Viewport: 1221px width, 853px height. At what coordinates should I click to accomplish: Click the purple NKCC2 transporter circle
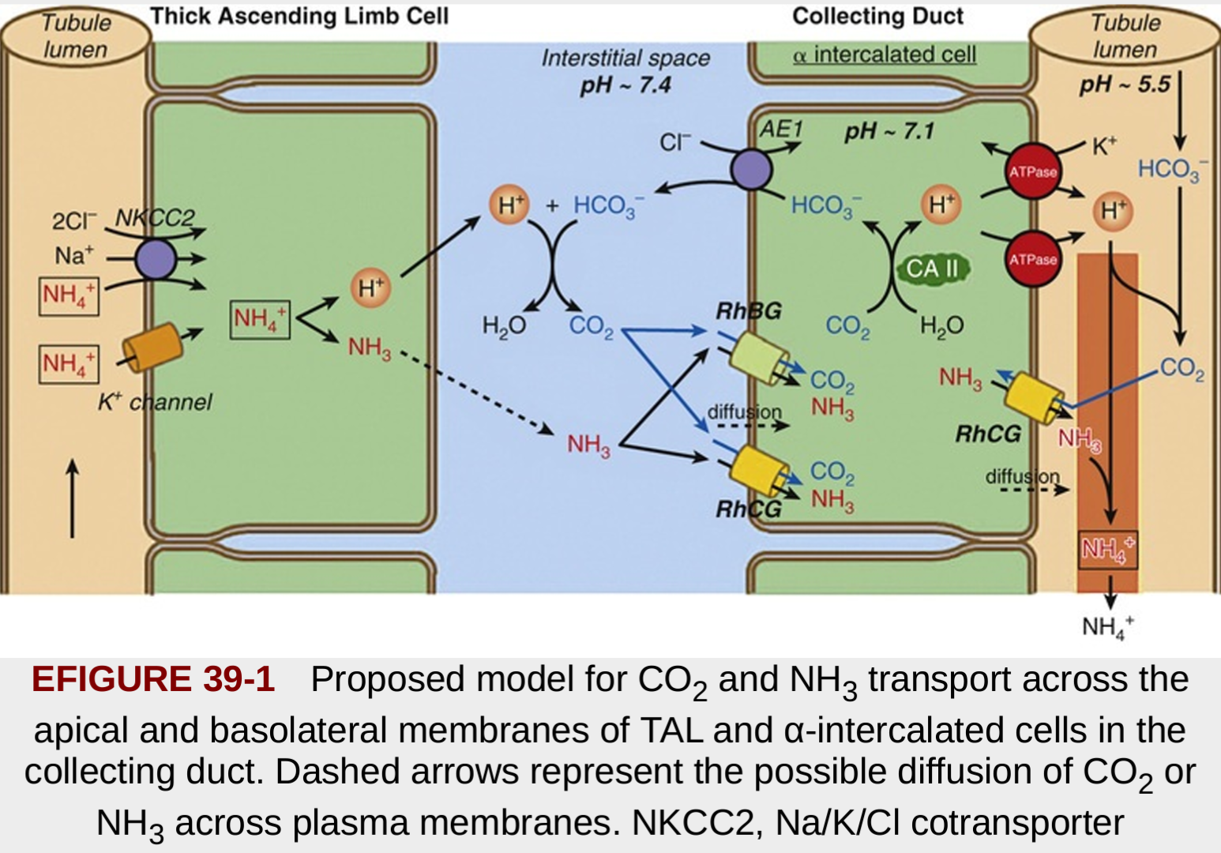pyautogui.click(x=155, y=259)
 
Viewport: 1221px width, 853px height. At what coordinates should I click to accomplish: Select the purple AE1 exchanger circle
pyautogui.click(x=751, y=169)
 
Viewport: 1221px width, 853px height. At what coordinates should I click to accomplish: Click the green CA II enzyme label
pyautogui.click(x=932, y=269)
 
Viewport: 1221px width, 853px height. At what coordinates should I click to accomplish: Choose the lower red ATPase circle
pyautogui.click(x=1033, y=258)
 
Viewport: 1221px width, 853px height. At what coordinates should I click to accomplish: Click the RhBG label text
pyautogui.click(x=748, y=311)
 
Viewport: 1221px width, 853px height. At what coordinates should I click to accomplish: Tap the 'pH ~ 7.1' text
pyautogui.click(x=889, y=131)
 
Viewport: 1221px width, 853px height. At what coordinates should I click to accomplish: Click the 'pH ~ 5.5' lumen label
pyautogui.click(x=1125, y=84)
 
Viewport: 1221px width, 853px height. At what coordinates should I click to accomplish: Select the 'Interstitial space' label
pyautogui.click(x=626, y=58)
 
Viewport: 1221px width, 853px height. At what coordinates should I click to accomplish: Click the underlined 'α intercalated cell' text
pyautogui.click(x=885, y=54)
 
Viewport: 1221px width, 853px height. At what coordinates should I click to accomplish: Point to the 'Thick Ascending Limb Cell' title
pyautogui.click(x=299, y=16)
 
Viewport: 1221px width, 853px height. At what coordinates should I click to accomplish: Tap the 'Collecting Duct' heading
pyautogui.click(x=877, y=16)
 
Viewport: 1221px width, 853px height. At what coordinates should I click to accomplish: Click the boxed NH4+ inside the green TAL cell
pyautogui.click(x=260, y=319)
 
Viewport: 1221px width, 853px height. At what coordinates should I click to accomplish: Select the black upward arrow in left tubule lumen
pyautogui.click(x=73, y=498)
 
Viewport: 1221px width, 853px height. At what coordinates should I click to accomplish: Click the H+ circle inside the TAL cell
pyautogui.click(x=370, y=288)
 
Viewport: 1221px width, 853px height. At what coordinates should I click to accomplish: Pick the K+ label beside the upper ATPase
pyautogui.click(x=1104, y=146)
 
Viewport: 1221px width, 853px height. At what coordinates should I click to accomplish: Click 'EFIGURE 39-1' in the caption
pyautogui.click(x=153, y=679)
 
